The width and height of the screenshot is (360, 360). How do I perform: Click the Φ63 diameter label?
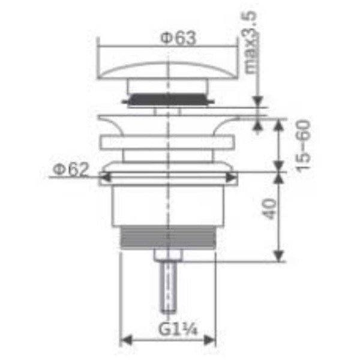[x=178, y=38]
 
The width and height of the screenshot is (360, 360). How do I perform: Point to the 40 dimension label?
[x=269, y=209]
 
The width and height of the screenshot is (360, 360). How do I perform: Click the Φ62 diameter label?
[x=70, y=169]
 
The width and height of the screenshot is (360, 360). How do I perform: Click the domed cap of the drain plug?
[x=168, y=70]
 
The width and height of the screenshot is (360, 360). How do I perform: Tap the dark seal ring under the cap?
[x=168, y=100]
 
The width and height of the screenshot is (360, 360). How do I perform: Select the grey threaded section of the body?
[x=168, y=237]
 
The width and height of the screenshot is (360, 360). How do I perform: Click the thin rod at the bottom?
[x=169, y=287]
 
